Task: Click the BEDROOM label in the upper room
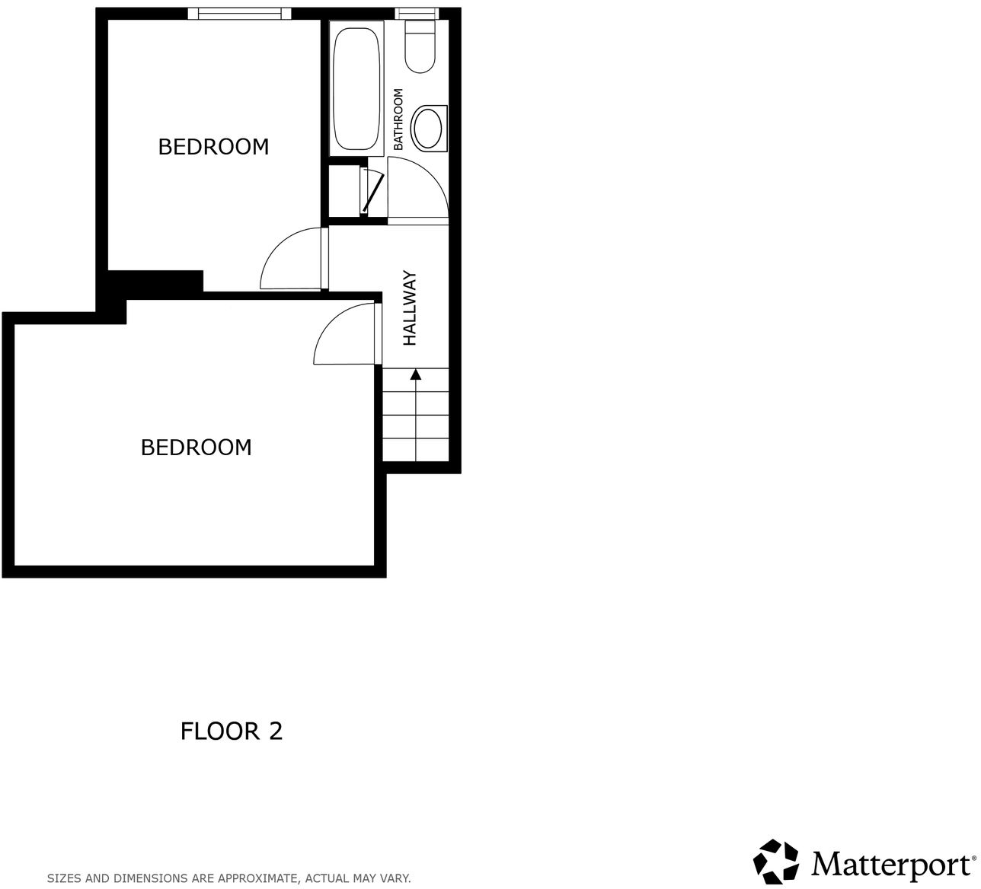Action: click(213, 146)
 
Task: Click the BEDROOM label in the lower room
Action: click(196, 447)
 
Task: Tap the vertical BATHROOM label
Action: click(398, 119)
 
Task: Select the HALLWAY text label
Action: click(411, 308)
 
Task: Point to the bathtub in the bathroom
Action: click(356, 89)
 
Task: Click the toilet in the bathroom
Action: click(419, 47)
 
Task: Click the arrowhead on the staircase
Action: click(415, 374)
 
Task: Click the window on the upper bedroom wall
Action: click(240, 13)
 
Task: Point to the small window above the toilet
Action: click(417, 13)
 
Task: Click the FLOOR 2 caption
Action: click(232, 731)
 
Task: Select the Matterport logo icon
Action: click(777, 862)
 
